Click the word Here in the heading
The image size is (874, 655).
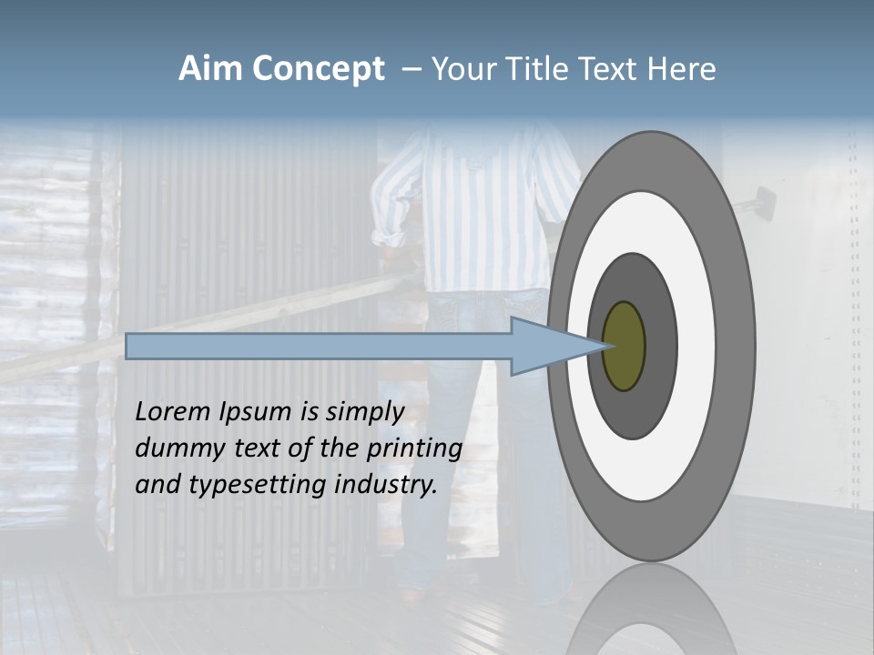tap(682, 69)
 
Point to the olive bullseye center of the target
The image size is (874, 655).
tap(624, 346)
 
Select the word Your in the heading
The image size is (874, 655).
tap(461, 69)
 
